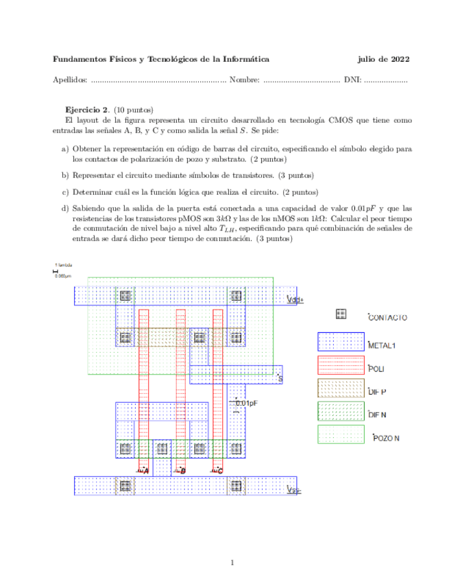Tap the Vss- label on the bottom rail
point(293,489)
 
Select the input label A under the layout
point(145,471)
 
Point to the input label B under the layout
point(182,471)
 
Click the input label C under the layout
point(219,471)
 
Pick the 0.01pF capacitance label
point(246,404)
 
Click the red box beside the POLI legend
point(340,368)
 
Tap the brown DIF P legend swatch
point(340,388)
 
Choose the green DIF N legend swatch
point(340,411)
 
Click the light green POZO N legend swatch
point(340,434)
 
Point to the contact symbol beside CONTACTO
point(341,314)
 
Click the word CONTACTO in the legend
point(388,318)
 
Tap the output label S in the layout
point(280,378)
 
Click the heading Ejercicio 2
point(87,110)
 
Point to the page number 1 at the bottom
point(233,563)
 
